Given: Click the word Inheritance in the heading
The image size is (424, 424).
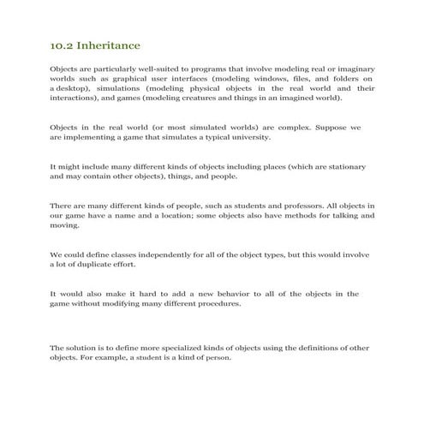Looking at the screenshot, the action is coord(109,44).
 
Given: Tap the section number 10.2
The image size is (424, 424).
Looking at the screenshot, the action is coord(62,44).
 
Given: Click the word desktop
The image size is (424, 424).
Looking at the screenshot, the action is coord(72,87).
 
